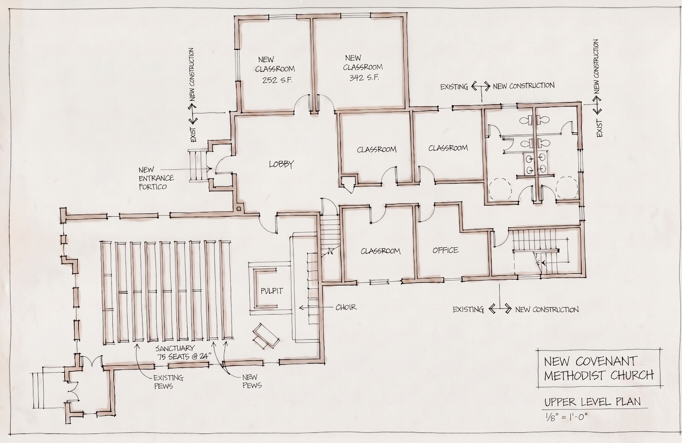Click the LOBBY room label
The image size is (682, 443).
(x=281, y=164)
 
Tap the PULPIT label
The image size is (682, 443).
(x=272, y=291)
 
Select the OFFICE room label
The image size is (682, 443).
(x=445, y=250)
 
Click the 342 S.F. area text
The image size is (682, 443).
(x=364, y=77)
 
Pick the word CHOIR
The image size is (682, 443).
(x=346, y=307)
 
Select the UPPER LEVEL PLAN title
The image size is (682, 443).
(x=593, y=402)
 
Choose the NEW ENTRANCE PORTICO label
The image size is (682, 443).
(x=156, y=178)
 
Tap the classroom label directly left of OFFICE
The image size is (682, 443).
(x=381, y=251)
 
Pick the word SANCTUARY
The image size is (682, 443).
(x=175, y=348)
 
